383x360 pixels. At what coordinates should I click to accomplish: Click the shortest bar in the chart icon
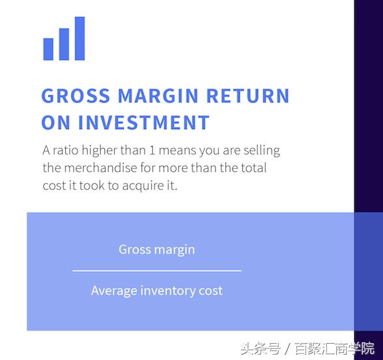click(x=48, y=49)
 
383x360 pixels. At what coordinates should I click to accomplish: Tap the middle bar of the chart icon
click(x=64, y=44)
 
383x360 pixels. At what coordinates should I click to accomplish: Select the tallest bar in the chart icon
click(x=79, y=38)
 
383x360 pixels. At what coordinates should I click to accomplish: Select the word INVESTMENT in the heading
click(x=144, y=123)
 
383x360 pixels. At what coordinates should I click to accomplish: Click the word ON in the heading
click(x=56, y=123)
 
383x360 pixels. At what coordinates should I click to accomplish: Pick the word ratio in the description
click(x=67, y=150)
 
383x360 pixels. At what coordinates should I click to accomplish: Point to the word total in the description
click(x=251, y=168)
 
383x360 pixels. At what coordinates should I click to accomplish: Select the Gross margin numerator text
click(x=156, y=249)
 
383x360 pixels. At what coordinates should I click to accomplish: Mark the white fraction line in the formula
click(x=156, y=270)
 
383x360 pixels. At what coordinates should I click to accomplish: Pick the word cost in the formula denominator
click(x=210, y=291)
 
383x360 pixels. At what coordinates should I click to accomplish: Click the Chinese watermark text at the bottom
click(x=307, y=348)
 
